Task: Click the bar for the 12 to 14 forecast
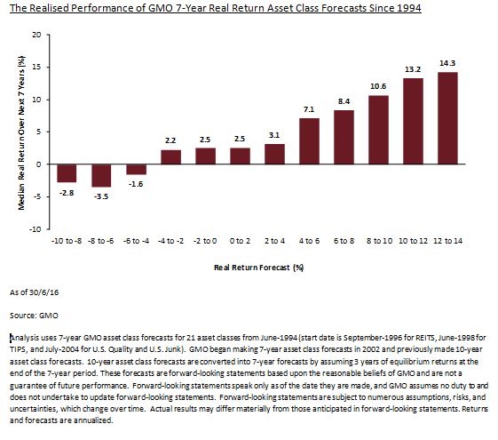pos(447,118)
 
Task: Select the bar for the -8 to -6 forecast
pos(101,175)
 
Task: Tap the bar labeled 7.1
pos(309,141)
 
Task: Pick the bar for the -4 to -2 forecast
pos(170,157)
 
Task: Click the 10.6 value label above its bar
pos(378,86)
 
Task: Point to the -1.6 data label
pos(136,184)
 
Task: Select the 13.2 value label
pos(413,69)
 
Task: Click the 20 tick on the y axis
pos(36,35)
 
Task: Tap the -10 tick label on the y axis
pos(35,229)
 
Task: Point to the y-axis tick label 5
pos(38,132)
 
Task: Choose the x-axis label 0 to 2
pos(240,241)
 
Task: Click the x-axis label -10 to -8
pos(67,241)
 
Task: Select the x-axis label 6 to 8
pos(344,241)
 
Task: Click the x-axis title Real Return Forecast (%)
pos(259,268)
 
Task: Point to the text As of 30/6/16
pos(35,292)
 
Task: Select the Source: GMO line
pos(34,316)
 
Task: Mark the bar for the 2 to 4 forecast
pos(274,154)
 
